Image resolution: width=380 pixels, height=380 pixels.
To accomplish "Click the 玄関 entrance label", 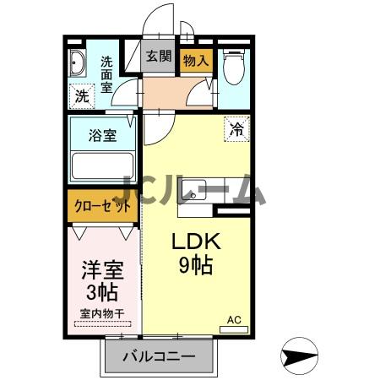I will [x=158, y=57].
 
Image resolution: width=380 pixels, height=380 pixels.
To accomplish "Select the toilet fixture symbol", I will [x=233, y=68].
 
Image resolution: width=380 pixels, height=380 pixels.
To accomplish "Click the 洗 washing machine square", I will [x=82, y=96].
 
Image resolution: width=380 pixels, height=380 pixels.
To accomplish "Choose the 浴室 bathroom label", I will [x=104, y=136].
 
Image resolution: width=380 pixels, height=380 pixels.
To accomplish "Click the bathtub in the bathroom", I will [x=103, y=165].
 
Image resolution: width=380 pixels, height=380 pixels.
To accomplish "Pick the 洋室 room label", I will [x=102, y=270].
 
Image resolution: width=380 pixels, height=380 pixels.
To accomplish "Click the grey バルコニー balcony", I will [x=155, y=356].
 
